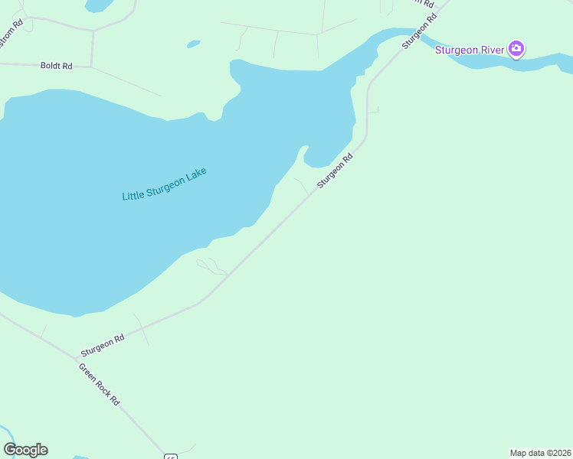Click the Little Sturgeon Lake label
pyautogui.click(x=165, y=184)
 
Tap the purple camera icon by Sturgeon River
pyautogui.click(x=516, y=50)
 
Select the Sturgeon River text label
pyautogui.click(x=470, y=50)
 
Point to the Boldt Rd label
pyautogui.click(x=56, y=66)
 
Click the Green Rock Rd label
pyautogui.click(x=100, y=384)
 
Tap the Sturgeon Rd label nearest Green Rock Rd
pyautogui.click(x=103, y=346)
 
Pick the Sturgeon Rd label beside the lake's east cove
pyautogui.click(x=335, y=171)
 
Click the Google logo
pyautogui.click(x=26, y=450)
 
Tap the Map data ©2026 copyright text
pyautogui.click(x=540, y=453)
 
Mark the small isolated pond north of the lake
pyautogui.click(x=193, y=44)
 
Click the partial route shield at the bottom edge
pyautogui.click(x=170, y=456)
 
